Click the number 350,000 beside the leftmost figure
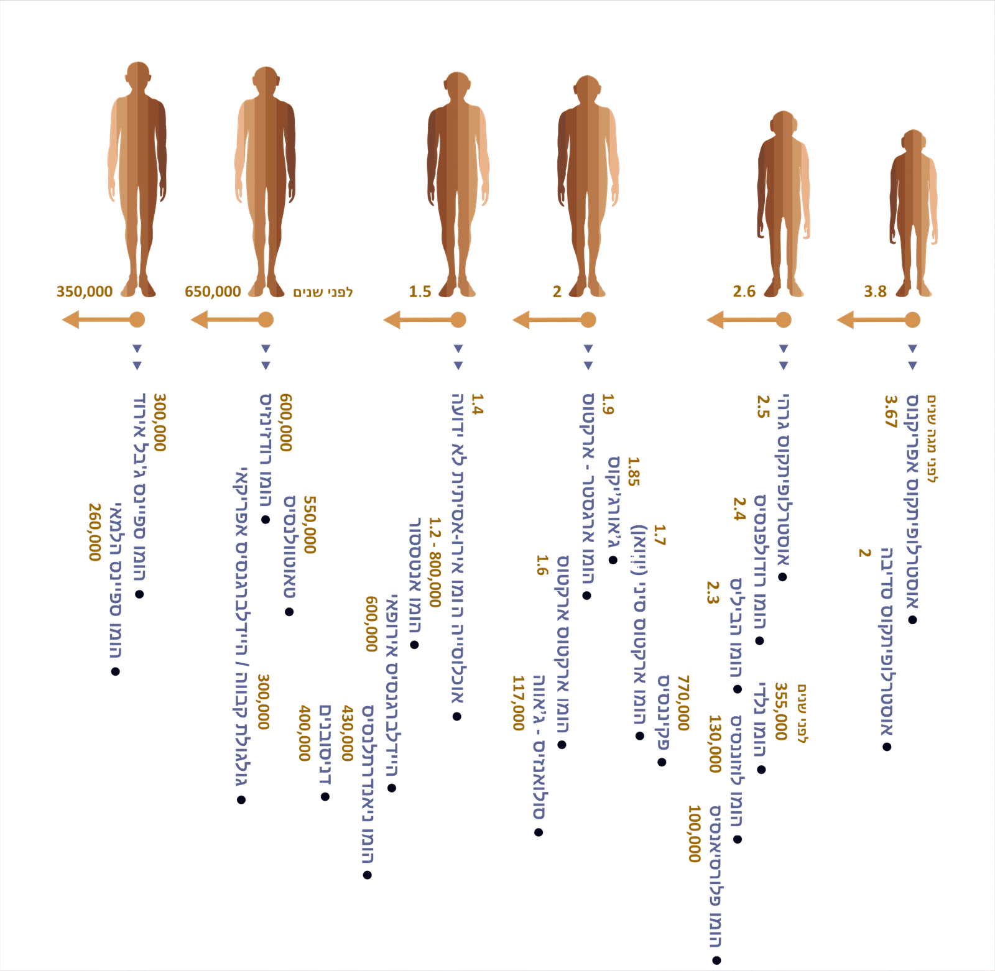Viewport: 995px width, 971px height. [85, 292]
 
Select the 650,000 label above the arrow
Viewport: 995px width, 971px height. [213, 292]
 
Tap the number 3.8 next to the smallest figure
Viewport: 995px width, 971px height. [875, 292]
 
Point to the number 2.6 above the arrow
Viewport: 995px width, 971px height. [744, 292]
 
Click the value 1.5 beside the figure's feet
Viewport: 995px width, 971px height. [420, 292]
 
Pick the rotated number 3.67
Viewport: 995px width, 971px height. [891, 412]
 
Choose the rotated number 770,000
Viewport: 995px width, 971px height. [683, 703]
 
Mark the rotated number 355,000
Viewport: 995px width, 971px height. [781, 711]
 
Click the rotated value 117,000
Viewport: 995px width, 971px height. [519, 703]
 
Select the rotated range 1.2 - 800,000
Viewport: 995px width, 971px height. [435, 562]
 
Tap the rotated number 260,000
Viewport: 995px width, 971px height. [95, 532]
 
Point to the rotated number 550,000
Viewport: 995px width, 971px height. [310, 525]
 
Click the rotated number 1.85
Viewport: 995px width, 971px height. [633, 471]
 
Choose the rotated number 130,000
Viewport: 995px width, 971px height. [715, 743]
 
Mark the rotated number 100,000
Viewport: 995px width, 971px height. [695, 834]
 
